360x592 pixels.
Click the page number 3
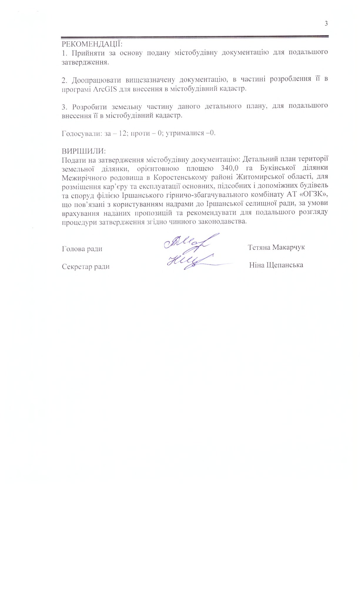click(x=326, y=24)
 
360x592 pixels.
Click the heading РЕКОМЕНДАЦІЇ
click(x=92, y=44)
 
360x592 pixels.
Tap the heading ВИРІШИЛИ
click(x=83, y=151)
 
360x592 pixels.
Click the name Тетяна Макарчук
click(x=276, y=247)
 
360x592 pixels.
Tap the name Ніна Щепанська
click(x=276, y=265)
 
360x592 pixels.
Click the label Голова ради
click(x=82, y=249)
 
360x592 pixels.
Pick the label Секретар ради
click(x=86, y=267)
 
